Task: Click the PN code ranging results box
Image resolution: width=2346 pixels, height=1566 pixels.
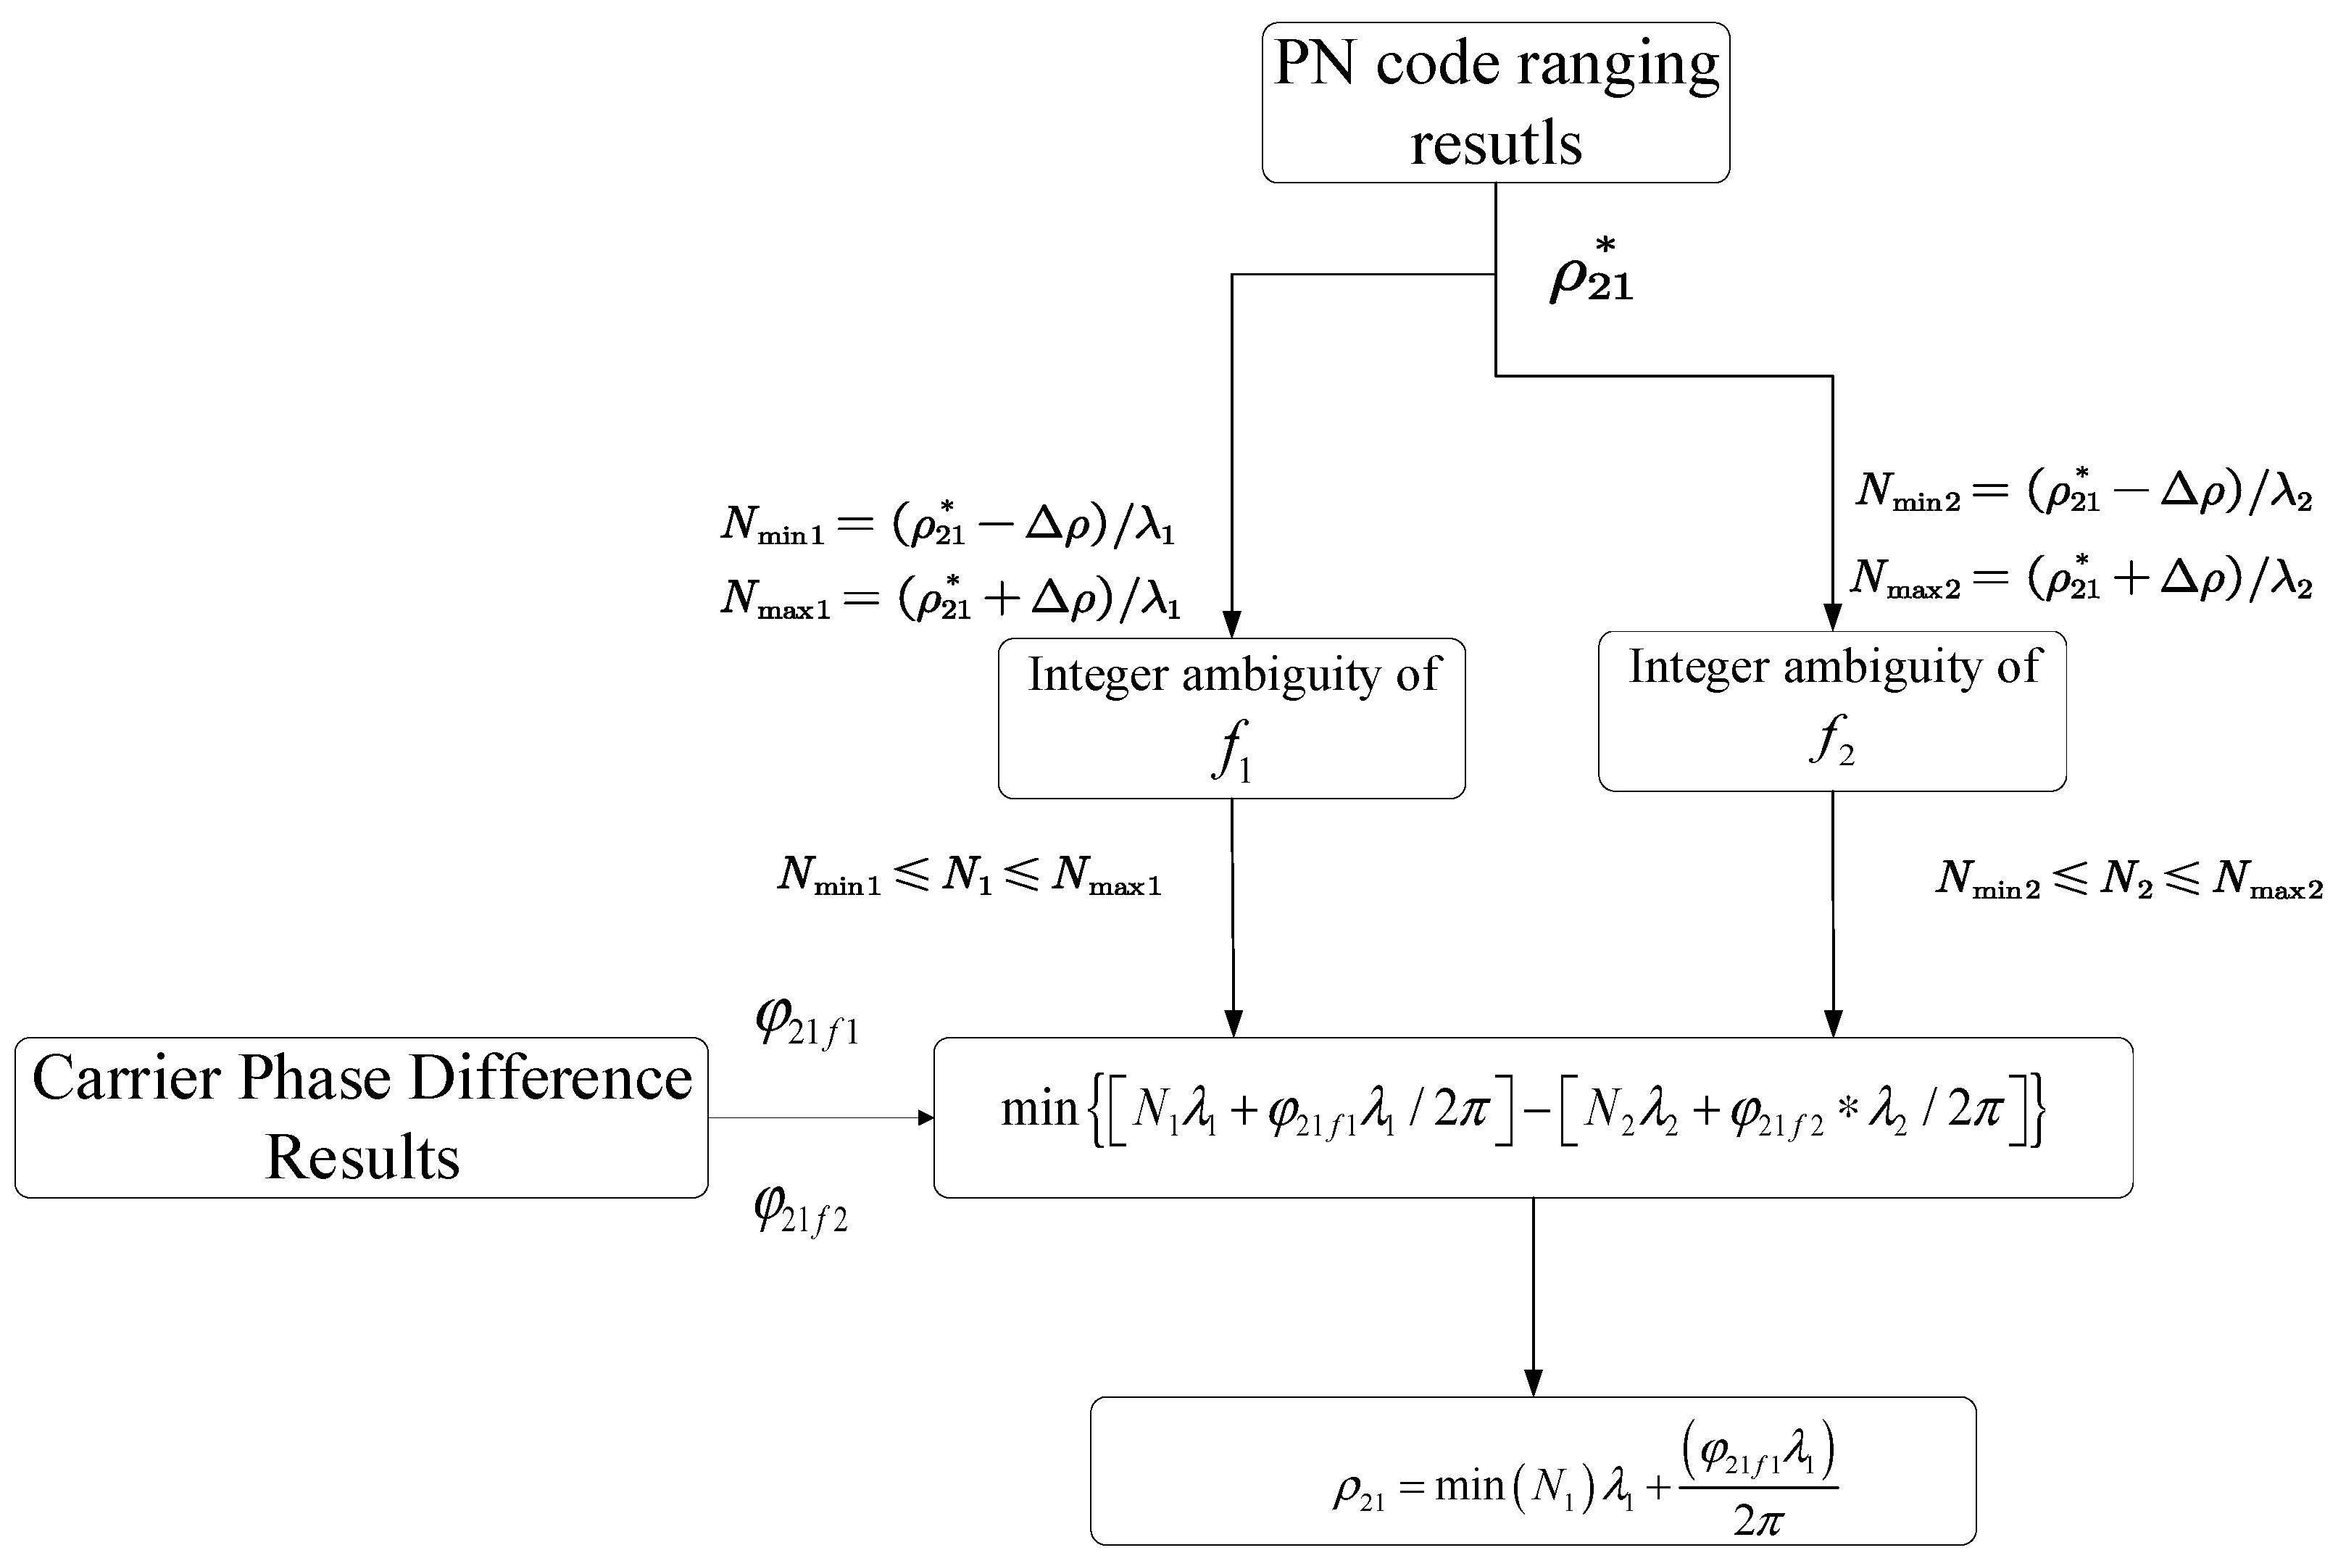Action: pos(1495,102)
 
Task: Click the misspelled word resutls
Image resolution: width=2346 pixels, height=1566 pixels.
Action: pos(1495,143)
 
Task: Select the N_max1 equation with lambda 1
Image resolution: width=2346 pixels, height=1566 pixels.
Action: pos(950,596)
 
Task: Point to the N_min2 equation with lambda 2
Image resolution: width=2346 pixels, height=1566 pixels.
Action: pos(2084,491)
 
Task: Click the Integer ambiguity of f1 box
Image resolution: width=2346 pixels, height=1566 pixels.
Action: pos(1231,718)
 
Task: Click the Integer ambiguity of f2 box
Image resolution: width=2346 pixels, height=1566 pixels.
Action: pos(1831,711)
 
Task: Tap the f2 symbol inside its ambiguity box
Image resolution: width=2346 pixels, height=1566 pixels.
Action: pos(1831,741)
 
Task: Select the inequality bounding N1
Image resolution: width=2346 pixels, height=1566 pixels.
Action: pos(969,876)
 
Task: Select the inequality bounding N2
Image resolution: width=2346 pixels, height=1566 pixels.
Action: pos(2129,880)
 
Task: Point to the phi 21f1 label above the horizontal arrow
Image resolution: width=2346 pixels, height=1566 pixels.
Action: pos(806,1022)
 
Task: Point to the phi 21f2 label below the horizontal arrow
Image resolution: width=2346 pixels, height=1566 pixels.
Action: pos(800,1210)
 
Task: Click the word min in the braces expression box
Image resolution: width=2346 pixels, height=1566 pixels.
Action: pos(1039,1109)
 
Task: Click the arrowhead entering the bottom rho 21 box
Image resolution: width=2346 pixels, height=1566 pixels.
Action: pos(1533,1383)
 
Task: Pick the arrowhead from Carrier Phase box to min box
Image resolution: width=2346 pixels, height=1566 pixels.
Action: pos(925,1117)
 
